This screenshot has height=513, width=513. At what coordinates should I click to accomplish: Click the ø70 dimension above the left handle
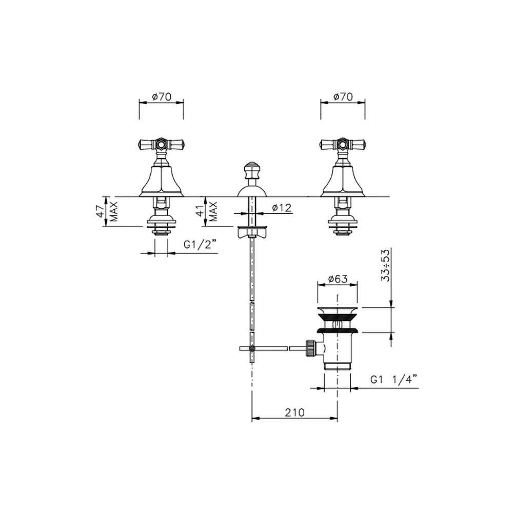coord(162,96)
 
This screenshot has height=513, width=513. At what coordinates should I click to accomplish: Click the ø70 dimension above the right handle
coord(343,96)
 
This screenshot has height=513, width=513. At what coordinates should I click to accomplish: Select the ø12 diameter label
coord(281,208)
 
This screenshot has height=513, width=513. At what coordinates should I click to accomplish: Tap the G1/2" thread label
coord(200,244)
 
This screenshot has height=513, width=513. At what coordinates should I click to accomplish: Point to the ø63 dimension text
coord(338,279)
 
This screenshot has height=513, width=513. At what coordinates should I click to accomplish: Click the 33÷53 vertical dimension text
coord(386,265)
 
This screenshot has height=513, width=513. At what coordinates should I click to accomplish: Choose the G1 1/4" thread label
coord(394,380)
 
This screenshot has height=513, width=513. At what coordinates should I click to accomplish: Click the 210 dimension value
coord(294,412)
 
